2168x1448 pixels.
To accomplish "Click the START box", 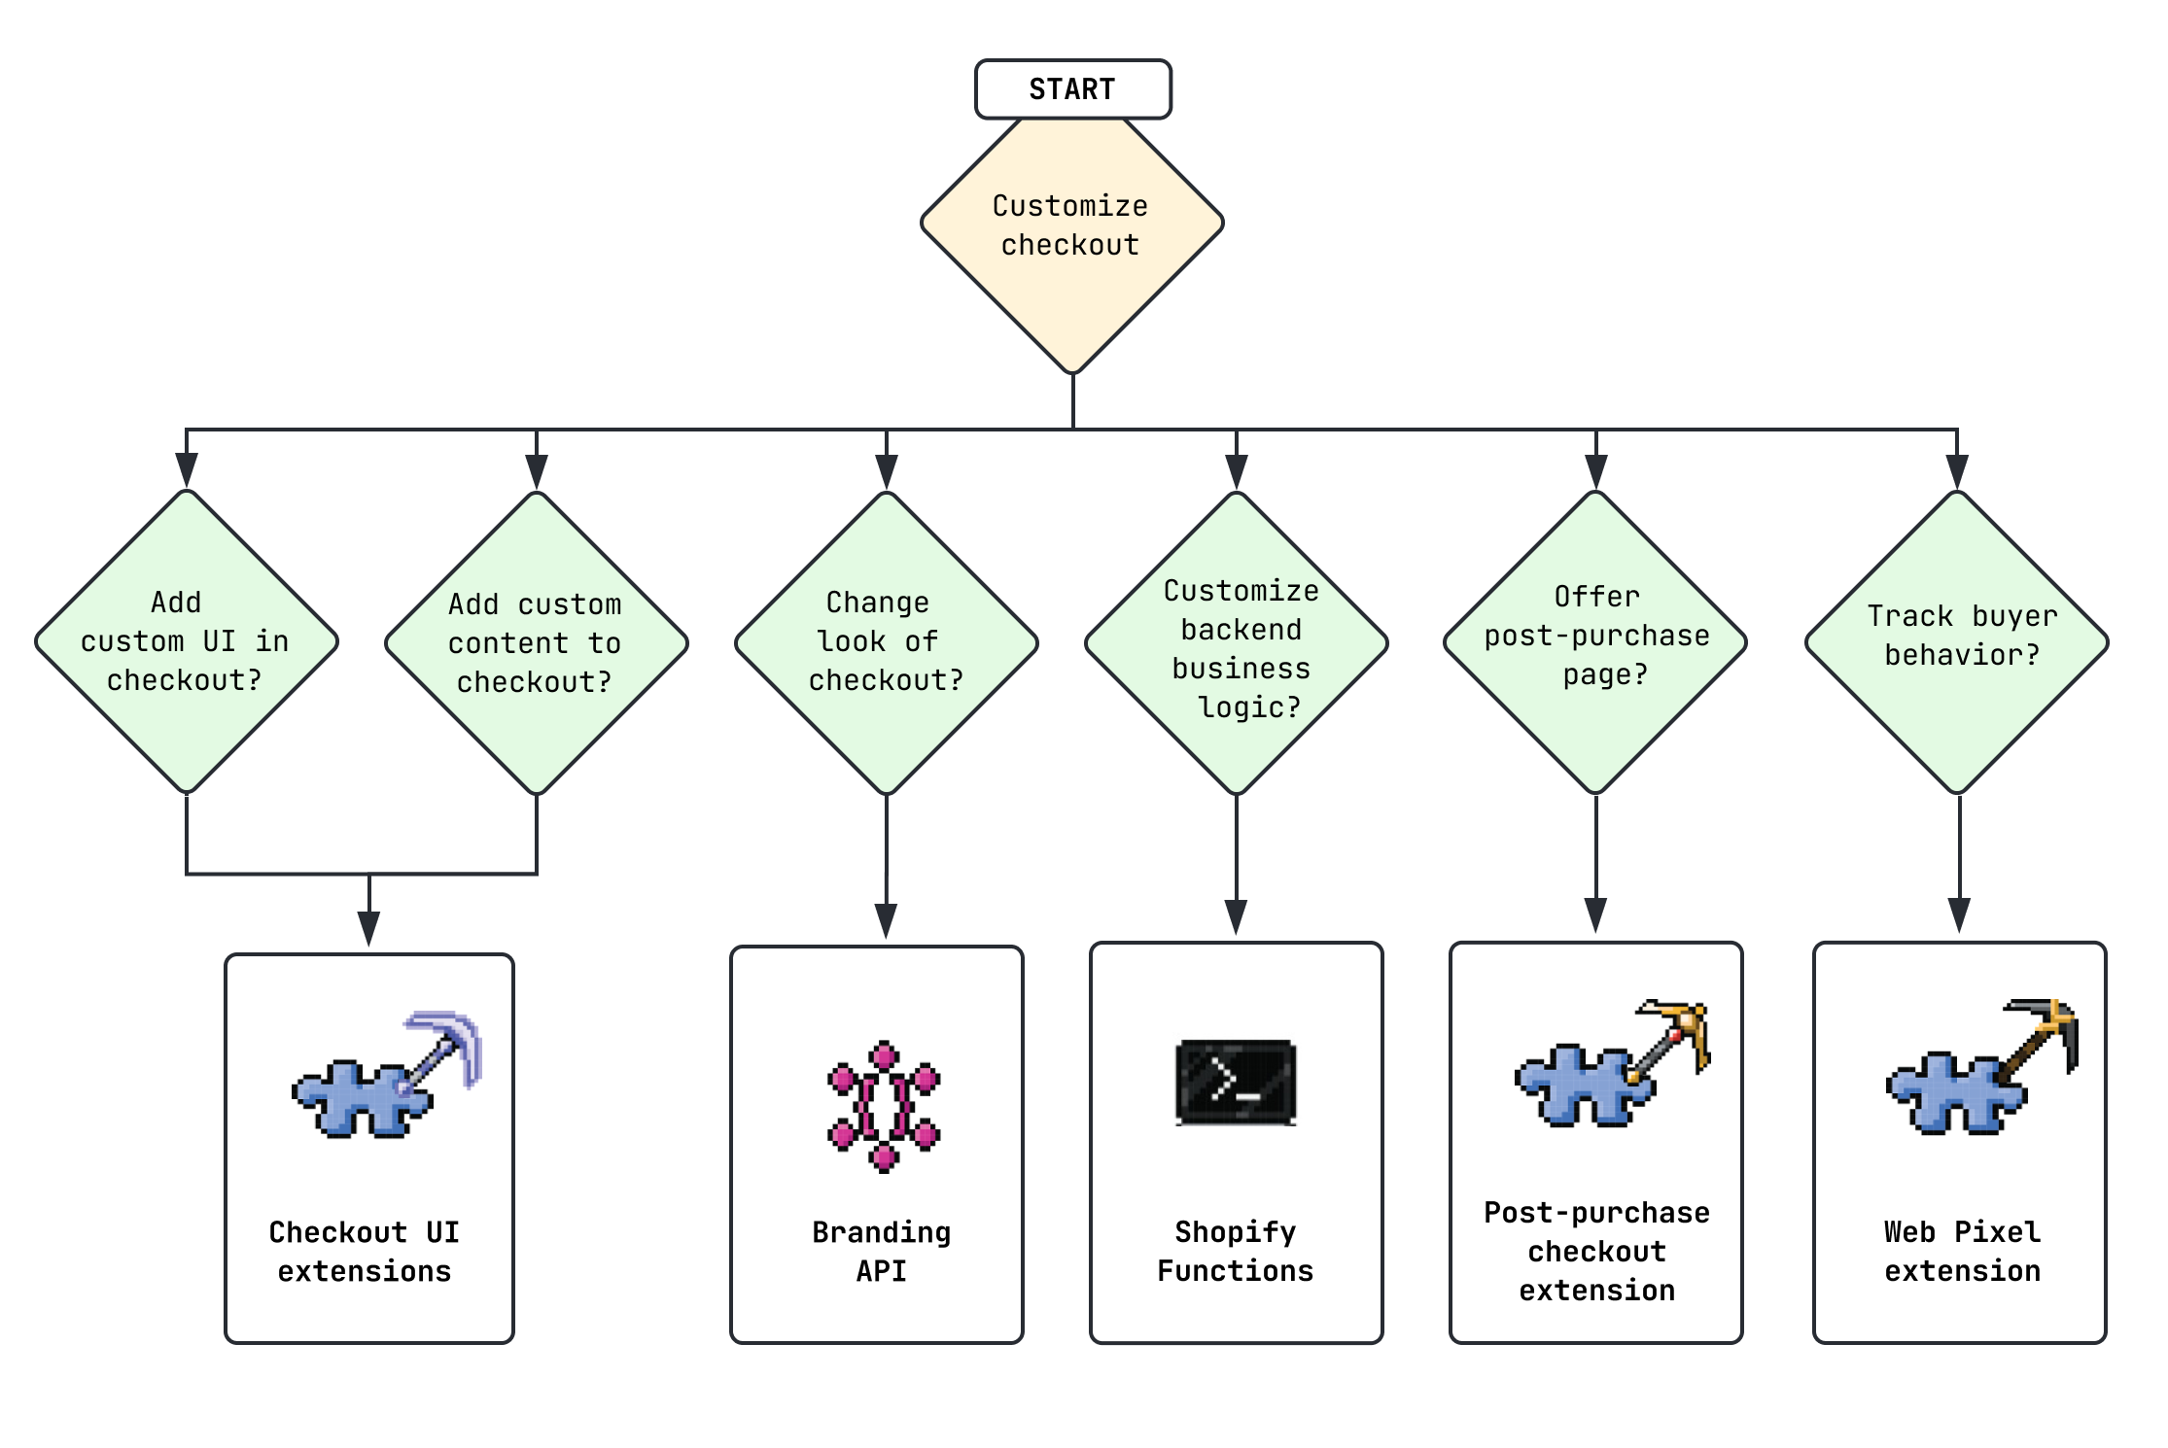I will pos(1072,89).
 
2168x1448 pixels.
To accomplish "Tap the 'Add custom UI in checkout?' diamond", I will pos(186,641).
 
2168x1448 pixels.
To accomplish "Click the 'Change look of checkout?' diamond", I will pos(886,641).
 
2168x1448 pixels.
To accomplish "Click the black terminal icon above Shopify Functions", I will pos(1236,1082).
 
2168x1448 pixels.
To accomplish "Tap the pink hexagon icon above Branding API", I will pos(883,1106).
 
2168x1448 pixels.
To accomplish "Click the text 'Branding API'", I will pos(881,1251).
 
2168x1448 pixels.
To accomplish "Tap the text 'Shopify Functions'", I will pos(1235,1251).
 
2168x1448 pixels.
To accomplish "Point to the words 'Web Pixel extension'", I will pos(1962,1251).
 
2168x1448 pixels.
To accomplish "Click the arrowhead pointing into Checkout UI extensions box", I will pos(368,928).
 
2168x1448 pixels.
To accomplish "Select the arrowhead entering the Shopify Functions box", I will pos(1236,916).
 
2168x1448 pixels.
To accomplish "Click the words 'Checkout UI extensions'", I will pos(364,1251).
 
